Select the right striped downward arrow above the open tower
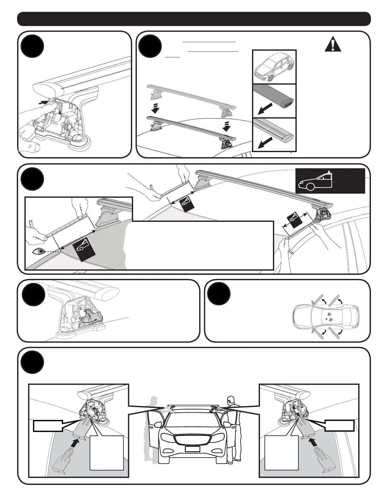click(x=227, y=126)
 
